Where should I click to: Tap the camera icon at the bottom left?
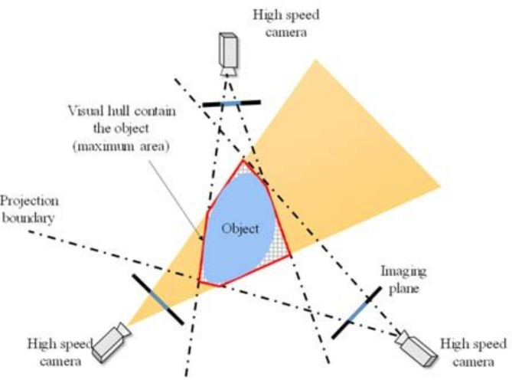pos(109,342)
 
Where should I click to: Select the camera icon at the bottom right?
pos(417,349)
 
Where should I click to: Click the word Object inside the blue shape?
pos(242,229)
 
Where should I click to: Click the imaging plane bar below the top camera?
pos(232,102)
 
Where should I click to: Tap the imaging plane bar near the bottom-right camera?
pos(358,312)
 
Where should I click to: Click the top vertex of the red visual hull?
pos(243,160)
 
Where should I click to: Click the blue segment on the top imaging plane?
pos(230,103)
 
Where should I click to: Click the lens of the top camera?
pos(229,71)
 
